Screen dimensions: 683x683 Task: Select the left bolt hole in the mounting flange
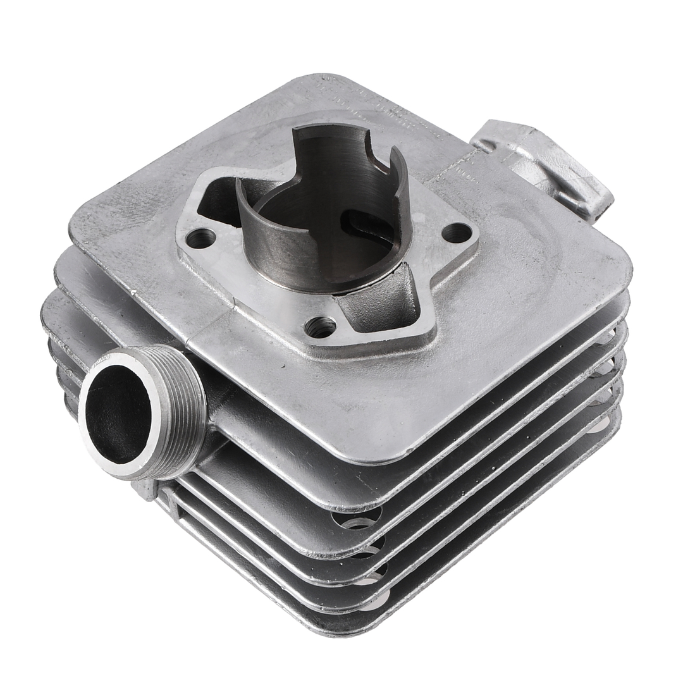[201, 238]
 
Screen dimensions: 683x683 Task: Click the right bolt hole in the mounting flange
[456, 233]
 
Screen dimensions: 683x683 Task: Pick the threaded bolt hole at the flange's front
[320, 327]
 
